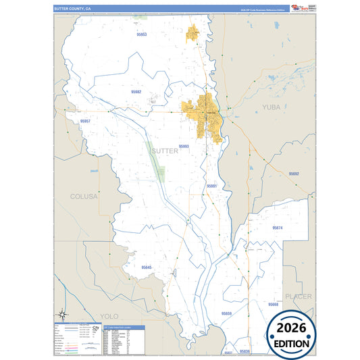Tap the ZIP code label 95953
coord(142,34)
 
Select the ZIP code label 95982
coord(136,91)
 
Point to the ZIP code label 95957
coord(85,120)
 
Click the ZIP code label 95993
coord(184,146)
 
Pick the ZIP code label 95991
coord(211,185)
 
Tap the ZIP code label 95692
coord(294,174)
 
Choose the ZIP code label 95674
coord(278,228)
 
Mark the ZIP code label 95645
coord(147,267)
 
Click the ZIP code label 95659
coord(226,313)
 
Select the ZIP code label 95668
coord(273,305)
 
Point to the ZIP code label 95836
coord(245,352)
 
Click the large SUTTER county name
coord(165,151)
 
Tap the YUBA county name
coord(270,107)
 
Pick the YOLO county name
coord(108,315)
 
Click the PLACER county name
coord(298,296)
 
